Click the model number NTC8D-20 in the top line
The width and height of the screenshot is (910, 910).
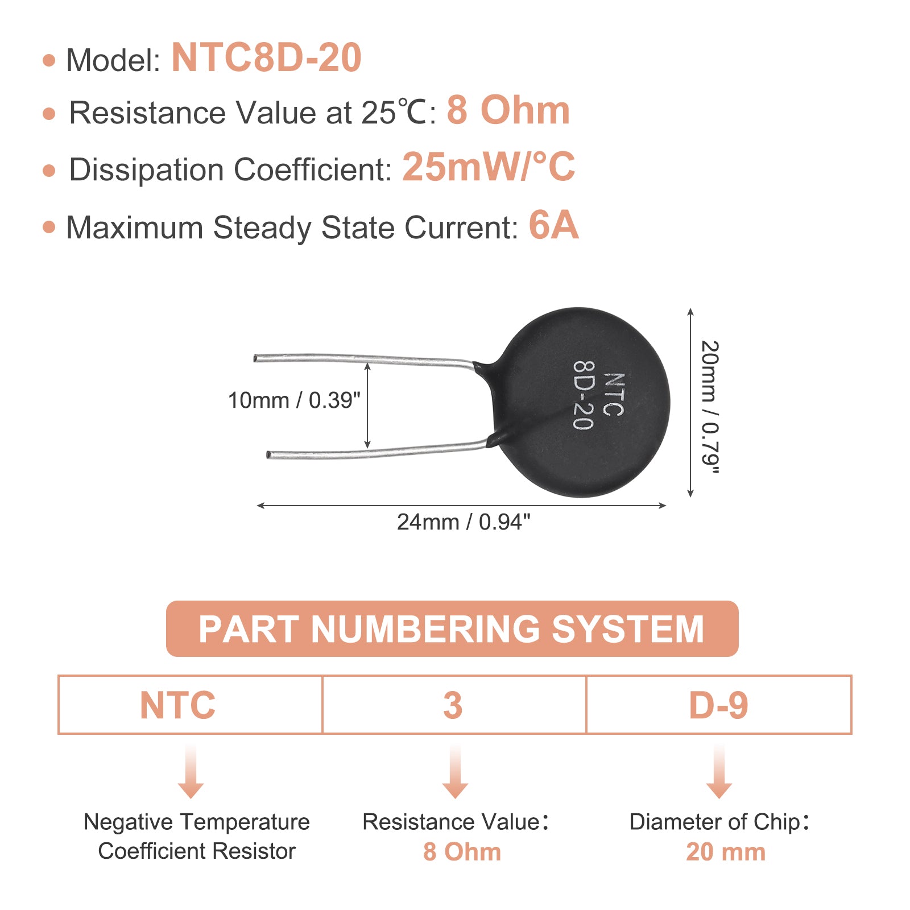pyautogui.click(x=266, y=58)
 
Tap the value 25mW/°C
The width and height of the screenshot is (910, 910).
pyautogui.click(x=489, y=167)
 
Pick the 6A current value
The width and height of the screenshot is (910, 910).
pyautogui.click(x=553, y=225)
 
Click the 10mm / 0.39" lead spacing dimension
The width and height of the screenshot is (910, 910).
pyautogui.click(x=294, y=400)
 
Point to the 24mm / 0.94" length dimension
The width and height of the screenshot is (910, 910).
pyautogui.click(x=464, y=522)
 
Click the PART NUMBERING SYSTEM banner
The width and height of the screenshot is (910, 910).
pyautogui.click(x=452, y=628)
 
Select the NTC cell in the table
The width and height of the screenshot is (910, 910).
pyautogui.click(x=190, y=705)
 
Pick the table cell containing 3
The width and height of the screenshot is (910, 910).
pyautogui.click(x=454, y=705)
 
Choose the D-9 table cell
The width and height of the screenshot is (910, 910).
pyautogui.click(x=719, y=705)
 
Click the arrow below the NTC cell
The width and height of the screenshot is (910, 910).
pyautogui.click(x=191, y=772)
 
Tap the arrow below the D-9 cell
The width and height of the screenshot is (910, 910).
pyautogui.click(x=719, y=772)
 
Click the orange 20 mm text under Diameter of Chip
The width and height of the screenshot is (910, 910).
pyautogui.click(x=726, y=852)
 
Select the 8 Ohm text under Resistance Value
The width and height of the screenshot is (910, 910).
pyautogui.click(x=462, y=852)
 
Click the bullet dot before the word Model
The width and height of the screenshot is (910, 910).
pyautogui.click(x=49, y=60)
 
